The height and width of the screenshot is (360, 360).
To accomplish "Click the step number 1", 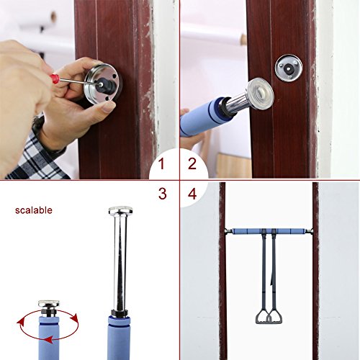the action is click(161, 164).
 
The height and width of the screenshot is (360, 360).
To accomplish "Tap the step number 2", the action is click(192, 164).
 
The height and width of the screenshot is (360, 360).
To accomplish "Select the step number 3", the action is click(163, 194).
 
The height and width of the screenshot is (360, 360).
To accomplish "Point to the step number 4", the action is click(192, 194).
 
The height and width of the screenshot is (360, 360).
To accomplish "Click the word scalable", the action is click(34, 210).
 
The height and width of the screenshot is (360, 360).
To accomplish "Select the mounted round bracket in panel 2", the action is click(289, 68).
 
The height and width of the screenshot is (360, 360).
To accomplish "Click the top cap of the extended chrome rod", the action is click(120, 211).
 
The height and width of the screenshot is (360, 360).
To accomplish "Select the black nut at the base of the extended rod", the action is click(120, 313).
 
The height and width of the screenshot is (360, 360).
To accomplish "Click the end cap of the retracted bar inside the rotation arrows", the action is click(49, 304).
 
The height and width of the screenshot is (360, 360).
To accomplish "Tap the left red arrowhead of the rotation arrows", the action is click(19, 323).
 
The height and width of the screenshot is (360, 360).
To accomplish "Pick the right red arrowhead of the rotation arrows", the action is click(76, 318).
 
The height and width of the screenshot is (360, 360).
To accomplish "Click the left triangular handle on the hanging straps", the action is click(262, 317).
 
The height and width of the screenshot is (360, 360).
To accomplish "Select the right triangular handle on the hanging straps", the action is click(276, 317).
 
